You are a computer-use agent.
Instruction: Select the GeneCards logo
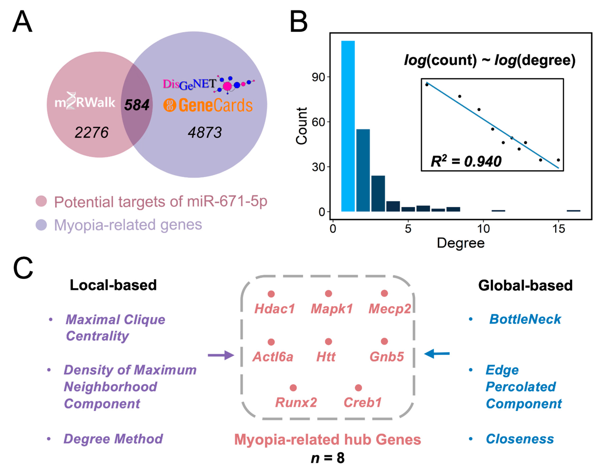(x=208, y=105)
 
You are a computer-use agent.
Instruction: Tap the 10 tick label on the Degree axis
(x=483, y=229)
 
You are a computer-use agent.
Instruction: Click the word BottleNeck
(x=525, y=320)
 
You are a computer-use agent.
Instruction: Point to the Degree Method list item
(x=113, y=439)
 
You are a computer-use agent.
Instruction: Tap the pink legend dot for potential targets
(x=41, y=201)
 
